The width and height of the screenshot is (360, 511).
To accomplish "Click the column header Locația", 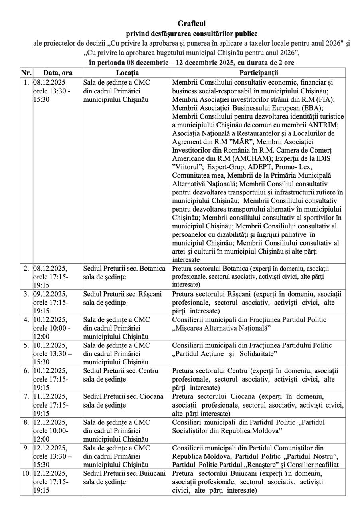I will click(x=127, y=73).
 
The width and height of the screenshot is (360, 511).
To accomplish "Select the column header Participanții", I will click(x=259, y=73).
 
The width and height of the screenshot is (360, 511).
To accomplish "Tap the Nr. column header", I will click(x=26, y=73).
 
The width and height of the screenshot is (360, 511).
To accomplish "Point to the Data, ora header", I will click(x=57, y=73).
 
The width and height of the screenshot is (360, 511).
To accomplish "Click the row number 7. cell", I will click(x=26, y=396).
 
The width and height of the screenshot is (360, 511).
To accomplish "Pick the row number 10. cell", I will click(x=26, y=473).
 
